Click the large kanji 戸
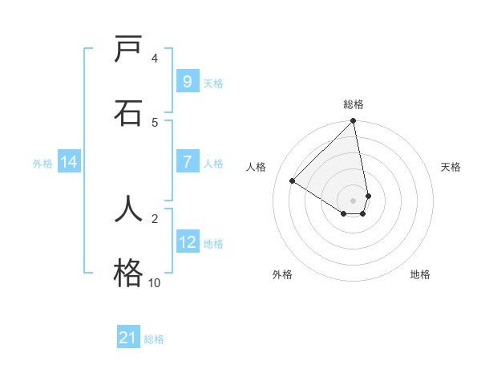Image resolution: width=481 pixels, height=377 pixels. click(128, 51)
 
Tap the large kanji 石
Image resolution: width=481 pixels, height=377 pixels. click(128, 112)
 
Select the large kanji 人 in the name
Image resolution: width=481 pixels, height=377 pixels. click(128, 210)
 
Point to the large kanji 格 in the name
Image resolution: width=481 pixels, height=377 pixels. click(128, 273)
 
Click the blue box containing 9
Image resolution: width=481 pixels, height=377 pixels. click(187, 82)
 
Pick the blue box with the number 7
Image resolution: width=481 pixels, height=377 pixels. click(187, 162)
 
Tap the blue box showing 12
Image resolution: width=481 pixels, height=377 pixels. click(187, 242)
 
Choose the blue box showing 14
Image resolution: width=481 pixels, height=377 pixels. click(69, 162)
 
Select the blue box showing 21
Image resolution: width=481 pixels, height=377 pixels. click(128, 338)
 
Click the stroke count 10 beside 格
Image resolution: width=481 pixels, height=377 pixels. click(154, 282)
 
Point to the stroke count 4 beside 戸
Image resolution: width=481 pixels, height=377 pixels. click(155, 58)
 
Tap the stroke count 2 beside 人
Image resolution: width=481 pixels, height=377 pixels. click(155, 217)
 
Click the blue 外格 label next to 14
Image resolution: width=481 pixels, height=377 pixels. click(42, 164)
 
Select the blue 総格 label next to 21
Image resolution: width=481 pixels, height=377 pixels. click(154, 339)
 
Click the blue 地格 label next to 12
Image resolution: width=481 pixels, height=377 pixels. click(213, 244)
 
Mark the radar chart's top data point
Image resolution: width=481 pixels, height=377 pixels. click(353, 122)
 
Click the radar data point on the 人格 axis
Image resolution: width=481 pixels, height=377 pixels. click(293, 181)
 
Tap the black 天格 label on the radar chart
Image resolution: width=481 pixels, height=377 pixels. click(451, 167)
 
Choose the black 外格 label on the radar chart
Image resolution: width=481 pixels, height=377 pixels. click(282, 274)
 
